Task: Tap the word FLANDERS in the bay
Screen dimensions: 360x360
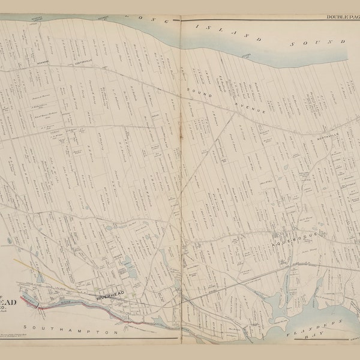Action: (x=317, y=325)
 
